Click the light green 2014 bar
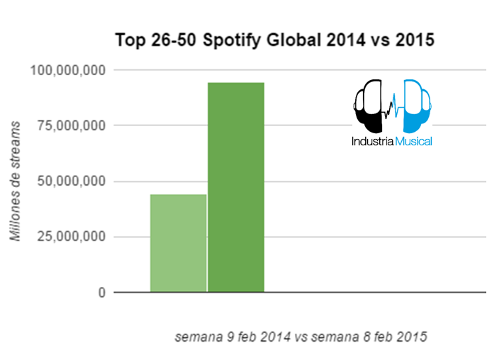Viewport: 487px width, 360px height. coord(178,242)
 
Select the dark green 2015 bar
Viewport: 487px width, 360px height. coord(235,187)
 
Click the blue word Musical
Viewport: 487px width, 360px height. coord(412,141)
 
